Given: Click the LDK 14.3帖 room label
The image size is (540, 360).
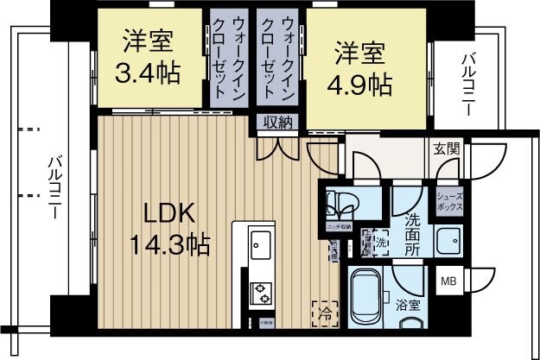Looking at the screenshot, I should pyautogui.click(x=169, y=228).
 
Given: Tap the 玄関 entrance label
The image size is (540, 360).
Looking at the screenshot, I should pyautogui.click(x=447, y=148).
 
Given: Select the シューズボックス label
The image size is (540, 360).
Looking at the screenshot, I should pyautogui.click(x=451, y=202).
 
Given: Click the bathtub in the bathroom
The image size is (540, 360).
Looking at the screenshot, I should pyautogui.click(x=366, y=298).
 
